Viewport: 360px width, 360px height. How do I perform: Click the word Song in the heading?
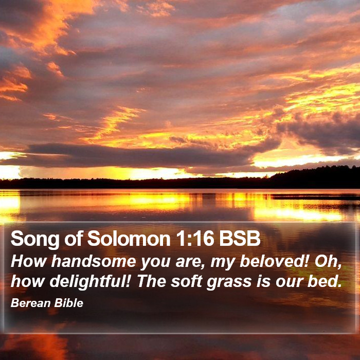click(35, 239)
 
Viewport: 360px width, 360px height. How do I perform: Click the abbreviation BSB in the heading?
click(240, 238)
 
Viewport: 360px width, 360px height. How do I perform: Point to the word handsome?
click(94, 261)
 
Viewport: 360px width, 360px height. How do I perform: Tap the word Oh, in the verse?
click(328, 261)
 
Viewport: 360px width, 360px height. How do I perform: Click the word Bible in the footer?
click(68, 303)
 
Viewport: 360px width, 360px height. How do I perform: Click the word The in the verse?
click(152, 281)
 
